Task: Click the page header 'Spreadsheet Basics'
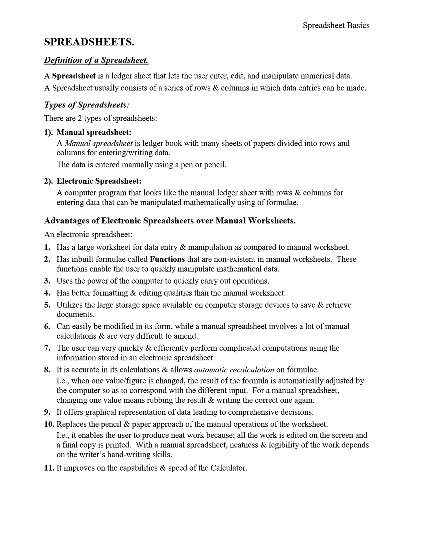336,26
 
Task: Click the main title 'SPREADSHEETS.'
89,42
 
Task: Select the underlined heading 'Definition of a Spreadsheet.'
96,60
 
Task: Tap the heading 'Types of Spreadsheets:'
87,105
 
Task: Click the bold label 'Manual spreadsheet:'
94,132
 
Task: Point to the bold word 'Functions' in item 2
167,259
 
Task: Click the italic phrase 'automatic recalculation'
234,370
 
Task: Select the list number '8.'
47,370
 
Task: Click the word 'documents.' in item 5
76,314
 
